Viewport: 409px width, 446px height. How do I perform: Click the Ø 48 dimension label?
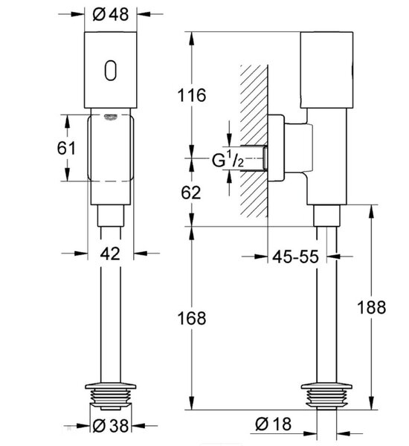click(x=111, y=14)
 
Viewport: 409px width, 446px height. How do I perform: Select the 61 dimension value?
click(x=66, y=148)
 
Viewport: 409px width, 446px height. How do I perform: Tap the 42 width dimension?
click(x=110, y=253)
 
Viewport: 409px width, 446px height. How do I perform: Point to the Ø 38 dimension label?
click(x=111, y=426)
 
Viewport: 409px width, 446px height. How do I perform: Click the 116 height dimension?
click(x=192, y=95)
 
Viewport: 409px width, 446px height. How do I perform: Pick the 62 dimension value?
click(x=190, y=193)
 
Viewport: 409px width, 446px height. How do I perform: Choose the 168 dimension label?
click(x=192, y=318)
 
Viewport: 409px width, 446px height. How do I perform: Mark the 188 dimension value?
click(x=371, y=307)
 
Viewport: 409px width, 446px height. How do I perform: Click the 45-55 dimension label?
click(x=295, y=256)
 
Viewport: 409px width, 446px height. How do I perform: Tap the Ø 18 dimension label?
click(x=273, y=424)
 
